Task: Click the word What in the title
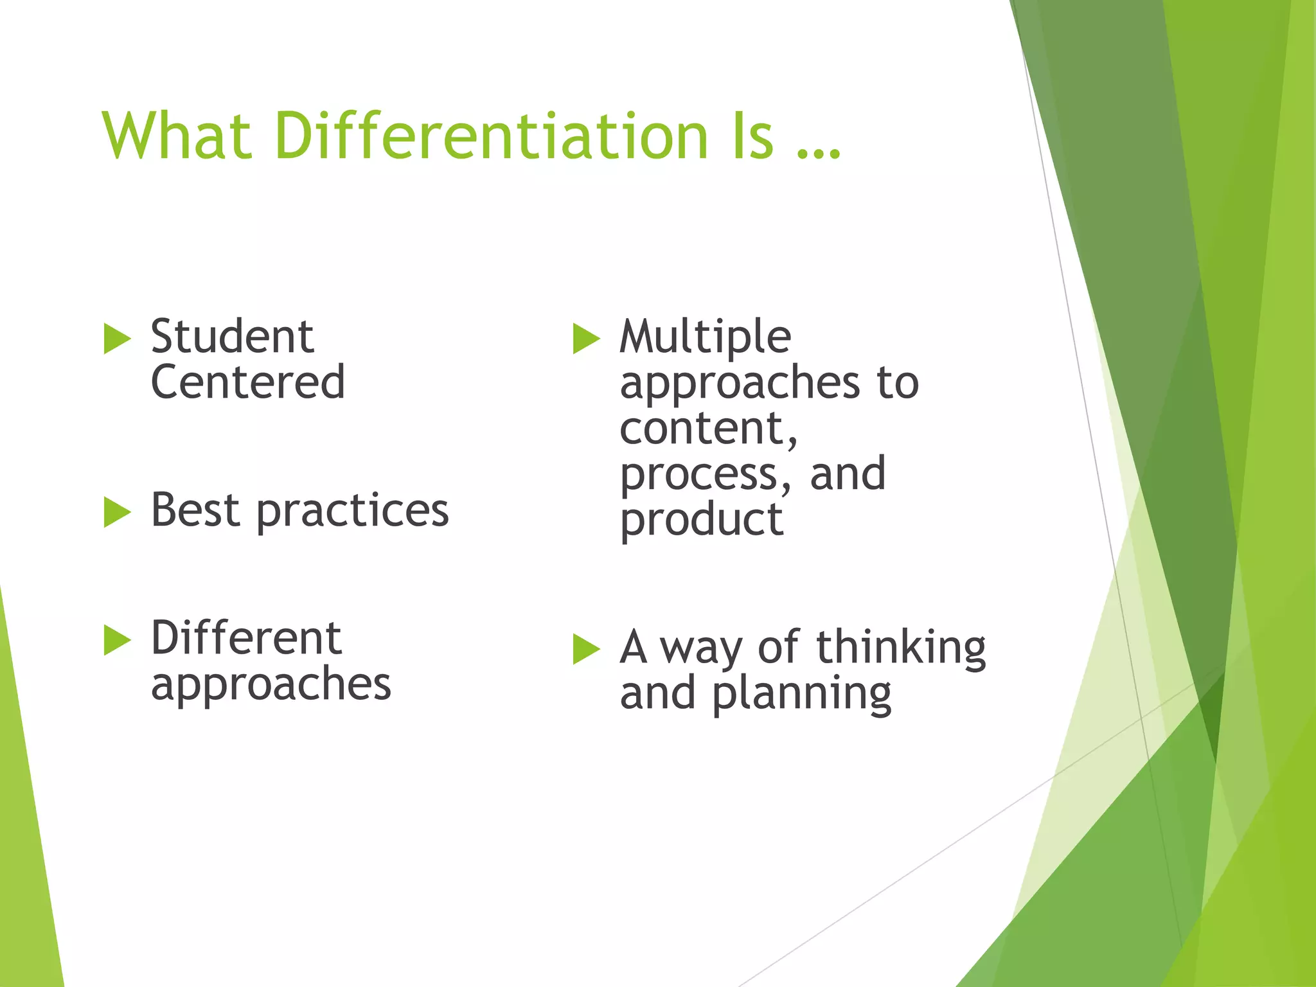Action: click(x=177, y=136)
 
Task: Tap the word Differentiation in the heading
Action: click(x=492, y=136)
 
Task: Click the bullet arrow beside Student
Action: click(x=117, y=339)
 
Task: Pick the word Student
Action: click(x=232, y=337)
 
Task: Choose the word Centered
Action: click(x=248, y=382)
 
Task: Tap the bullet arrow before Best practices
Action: click(x=117, y=512)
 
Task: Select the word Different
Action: click(x=246, y=638)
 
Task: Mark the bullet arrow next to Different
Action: click(x=117, y=640)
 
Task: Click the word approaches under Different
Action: click(x=271, y=685)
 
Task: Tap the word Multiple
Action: click(x=705, y=337)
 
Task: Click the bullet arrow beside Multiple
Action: click(x=586, y=339)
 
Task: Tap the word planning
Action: click(x=801, y=694)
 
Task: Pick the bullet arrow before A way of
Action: click(x=586, y=649)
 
